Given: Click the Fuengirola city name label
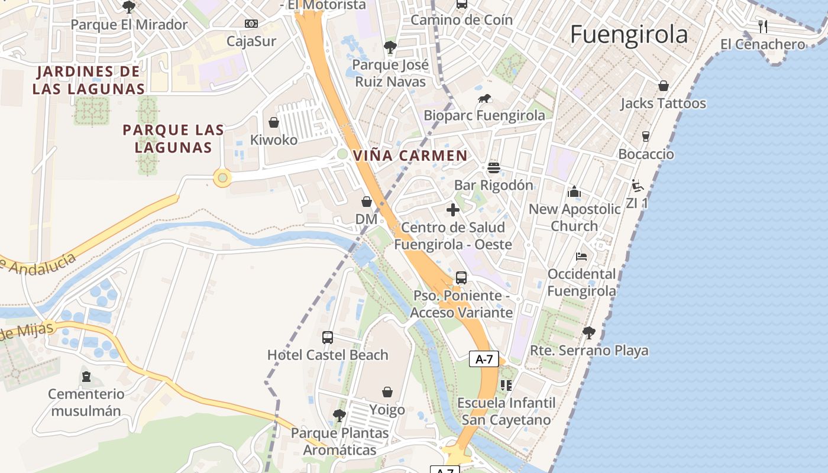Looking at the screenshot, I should pyautogui.click(x=629, y=35).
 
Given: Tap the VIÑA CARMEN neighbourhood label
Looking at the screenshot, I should pyautogui.click(x=410, y=156).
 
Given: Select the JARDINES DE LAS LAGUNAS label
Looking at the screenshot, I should pyautogui.click(x=88, y=80).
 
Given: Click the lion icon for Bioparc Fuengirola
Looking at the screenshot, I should pyautogui.click(x=484, y=99).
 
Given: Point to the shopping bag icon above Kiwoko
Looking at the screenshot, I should pyautogui.click(x=274, y=122).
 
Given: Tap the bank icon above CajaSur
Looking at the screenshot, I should pyautogui.click(x=251, y=24).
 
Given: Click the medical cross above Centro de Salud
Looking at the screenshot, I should pyautogui.click(x=453, y=210).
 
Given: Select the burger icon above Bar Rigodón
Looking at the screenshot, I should pyautogui.click(x=494, y=168).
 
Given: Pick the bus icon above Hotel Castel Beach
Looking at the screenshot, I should pyautogui.click(x=328, y=338).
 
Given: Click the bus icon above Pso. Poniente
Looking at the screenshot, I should pyautogui.click(x=461, y=278).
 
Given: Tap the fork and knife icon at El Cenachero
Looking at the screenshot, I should pyautogui.click(x=762, y=26).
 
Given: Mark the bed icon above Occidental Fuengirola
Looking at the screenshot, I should pyautogui.click(x=581, y=257).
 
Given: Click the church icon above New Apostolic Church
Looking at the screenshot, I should pyautogui.click(x=574, y=192).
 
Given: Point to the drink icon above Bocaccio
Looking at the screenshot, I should pyautogui.click(x=645, y=137).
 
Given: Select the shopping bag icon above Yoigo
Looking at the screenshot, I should pyautogui.click(x=387, y=392).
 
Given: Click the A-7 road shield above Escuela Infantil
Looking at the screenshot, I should pyautogui.click(x=484, y=359).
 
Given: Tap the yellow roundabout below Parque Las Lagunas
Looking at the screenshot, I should pyautogui.click(x=222, y=177).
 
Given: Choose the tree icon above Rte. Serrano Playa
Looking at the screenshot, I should pyautogui.click(x=588, y=333).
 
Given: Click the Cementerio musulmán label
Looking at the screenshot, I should pyautogui.click(x=86, y=402).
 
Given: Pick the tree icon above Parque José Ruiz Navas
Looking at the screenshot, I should pyautogui.click(x=390, y=47).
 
